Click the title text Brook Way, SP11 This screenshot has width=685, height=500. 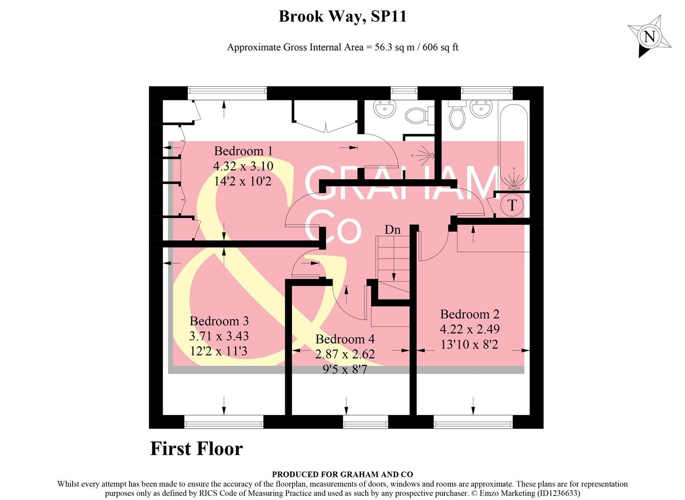coord(342,17)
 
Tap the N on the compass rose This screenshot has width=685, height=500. coord(650,37)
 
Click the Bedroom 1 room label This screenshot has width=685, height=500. coord(243,151)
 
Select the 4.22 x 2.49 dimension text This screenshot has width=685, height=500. coord(469,329)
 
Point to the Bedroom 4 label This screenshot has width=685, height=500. coord(345,339)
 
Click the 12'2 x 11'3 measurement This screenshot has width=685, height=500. coord(218,351)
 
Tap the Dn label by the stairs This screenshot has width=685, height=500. coord(392,230)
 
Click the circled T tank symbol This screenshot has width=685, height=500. coord(512,205)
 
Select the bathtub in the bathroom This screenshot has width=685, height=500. coord(513,146)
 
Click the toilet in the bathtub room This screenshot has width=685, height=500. coord(456,116)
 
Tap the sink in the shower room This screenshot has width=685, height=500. coord(385,109)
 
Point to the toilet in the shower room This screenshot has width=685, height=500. coord(417,115)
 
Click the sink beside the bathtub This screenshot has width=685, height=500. coord(481,109)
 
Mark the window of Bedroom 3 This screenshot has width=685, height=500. coord(224,421)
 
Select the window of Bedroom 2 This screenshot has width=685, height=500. coord(473,421)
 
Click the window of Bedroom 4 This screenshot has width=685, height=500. coord(365,421)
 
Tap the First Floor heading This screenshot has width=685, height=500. coord(196,449)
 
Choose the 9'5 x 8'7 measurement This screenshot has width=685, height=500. coord(345,369)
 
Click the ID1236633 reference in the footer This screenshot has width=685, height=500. coord(558,494)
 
